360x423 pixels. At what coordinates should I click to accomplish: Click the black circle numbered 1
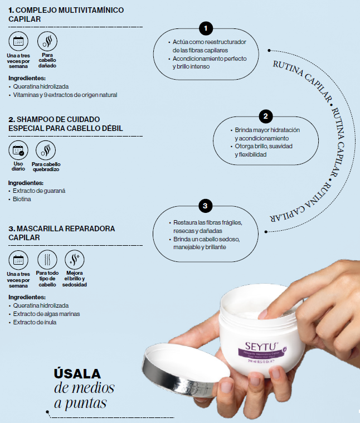point(206,28)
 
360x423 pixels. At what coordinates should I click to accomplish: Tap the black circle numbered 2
point(266,116)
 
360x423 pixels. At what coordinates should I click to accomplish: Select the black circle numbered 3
point(205,206)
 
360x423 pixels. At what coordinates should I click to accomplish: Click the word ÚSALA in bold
point(77,373)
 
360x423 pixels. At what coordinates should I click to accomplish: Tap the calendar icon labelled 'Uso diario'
point(18,150)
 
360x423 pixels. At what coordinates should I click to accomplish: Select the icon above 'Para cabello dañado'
point(47,42)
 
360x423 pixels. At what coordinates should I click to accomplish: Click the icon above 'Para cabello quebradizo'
point(46,150)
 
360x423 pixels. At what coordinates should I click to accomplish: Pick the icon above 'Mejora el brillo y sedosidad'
point(75,260)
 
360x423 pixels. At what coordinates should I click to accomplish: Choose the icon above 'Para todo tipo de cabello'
point(47,260)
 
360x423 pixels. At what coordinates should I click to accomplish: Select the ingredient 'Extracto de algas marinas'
point(46,314)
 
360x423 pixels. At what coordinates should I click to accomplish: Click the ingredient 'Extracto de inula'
point(35,322)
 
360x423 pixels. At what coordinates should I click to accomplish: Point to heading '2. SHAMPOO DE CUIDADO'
point(54,119)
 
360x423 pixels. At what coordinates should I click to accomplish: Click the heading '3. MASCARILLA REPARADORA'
point(61,228)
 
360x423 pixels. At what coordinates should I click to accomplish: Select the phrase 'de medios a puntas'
point(84,395)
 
